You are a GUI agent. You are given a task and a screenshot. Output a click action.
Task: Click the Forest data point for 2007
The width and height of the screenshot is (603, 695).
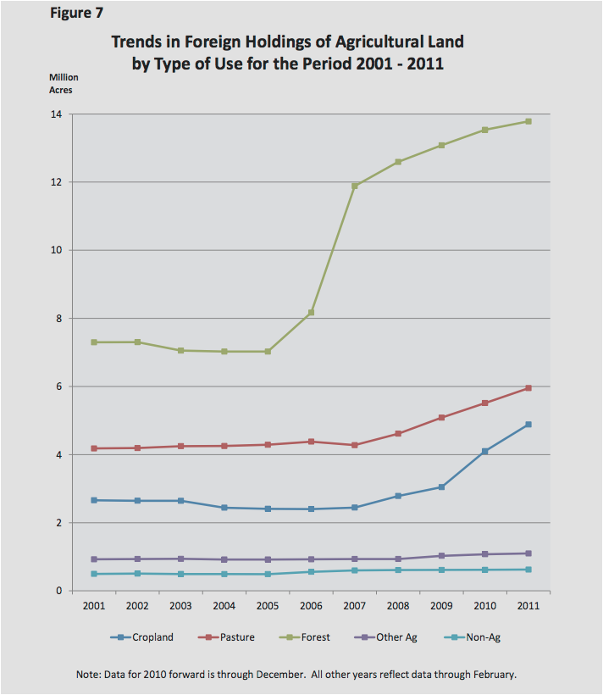click(x=355, y=186)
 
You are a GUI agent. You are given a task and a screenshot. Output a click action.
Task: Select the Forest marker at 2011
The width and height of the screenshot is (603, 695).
click(x=528, y=121)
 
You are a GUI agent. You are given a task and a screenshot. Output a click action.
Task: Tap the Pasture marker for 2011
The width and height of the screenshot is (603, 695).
click(x=528, y=387)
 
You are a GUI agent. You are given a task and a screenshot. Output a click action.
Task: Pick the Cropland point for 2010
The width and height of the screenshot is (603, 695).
click(x=484, y=451)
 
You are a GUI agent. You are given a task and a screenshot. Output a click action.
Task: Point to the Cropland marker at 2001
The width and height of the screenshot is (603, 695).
click(x=95, y=500)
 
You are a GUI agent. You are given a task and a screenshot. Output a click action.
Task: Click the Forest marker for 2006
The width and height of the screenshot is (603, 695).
click(x=312, y=313)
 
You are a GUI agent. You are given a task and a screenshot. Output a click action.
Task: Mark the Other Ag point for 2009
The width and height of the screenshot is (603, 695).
click(x=441, y=556)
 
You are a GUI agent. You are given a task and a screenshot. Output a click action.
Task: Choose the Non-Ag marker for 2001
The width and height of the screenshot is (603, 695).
click(x=95, y=574)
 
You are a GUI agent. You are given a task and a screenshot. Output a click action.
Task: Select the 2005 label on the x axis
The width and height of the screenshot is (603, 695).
click(x=268, y=607)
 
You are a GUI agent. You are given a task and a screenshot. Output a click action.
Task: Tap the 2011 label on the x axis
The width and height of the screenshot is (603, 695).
click(x=528, y=607)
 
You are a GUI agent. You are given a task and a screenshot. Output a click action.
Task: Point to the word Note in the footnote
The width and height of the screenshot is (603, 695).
click(x=88, y=675)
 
